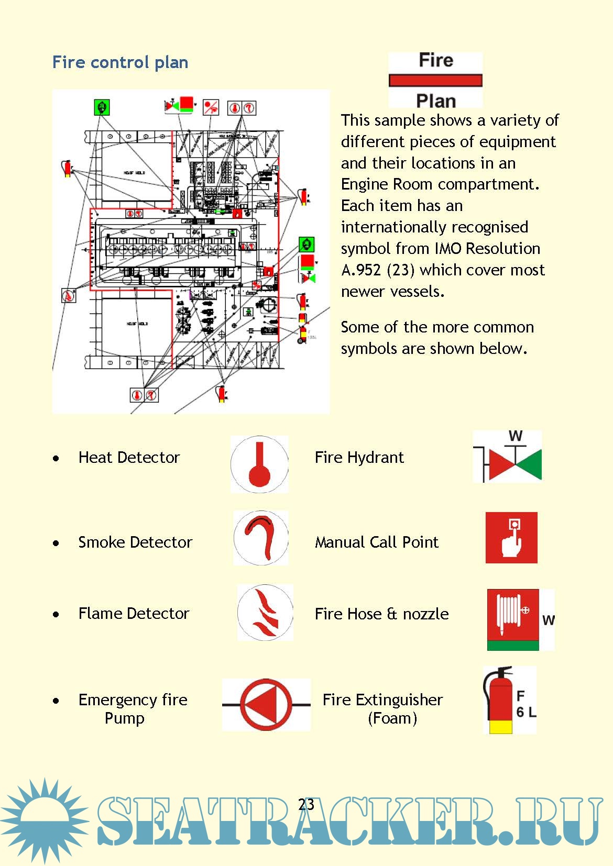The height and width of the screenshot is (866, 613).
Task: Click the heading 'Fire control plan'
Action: point(120,62)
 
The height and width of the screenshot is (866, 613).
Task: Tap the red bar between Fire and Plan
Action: point(435,80)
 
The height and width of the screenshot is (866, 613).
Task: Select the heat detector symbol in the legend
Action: point(259,464)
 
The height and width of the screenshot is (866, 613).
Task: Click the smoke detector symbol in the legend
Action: point(260,538)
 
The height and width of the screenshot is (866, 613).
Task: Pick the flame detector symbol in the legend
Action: point(265,613)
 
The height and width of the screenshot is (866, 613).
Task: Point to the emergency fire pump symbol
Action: point(266,705)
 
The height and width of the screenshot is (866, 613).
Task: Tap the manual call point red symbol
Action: point(511,538)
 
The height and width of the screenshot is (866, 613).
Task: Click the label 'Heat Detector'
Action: point(129,458)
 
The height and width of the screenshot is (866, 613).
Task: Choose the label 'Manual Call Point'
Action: point(376,542)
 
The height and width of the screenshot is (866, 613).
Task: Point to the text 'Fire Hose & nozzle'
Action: point(381,614)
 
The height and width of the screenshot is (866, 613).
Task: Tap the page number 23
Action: point(306,804)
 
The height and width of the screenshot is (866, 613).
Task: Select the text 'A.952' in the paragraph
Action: point(361,270)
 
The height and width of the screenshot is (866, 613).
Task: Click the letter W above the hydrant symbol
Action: point(516,436)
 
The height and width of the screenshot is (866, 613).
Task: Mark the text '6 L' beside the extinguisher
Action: point(526,712)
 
